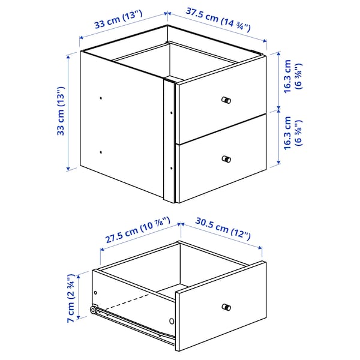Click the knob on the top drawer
pyautogui.click(x=226, y=100)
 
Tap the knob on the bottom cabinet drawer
pyautogui.click(x=226, y=159)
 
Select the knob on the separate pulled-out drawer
pyautogui.click(x=226, y=307)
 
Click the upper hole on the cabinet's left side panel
pyautogui.click(x=101, y=97)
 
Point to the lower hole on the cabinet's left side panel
pyautogui.click(x=101, y=152)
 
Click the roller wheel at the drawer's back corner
pyautogui.click(x=94, y=310)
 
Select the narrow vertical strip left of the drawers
pyautogui.click(x=169, y=141)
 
